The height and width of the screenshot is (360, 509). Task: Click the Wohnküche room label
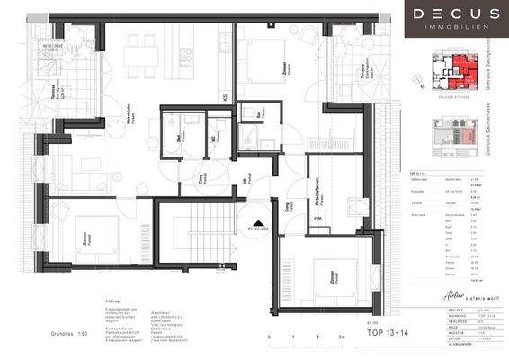point(130,118)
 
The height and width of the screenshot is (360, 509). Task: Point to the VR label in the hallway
point(244,180)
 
